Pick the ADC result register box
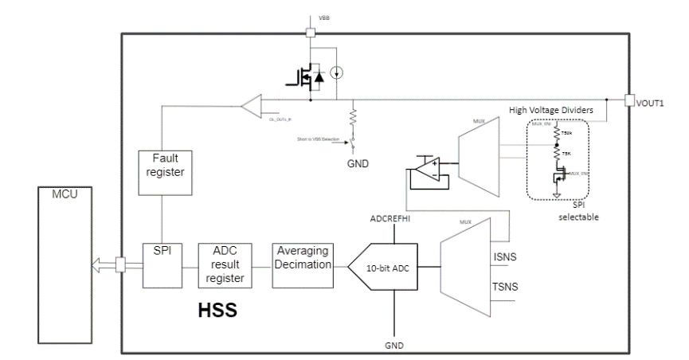[x=223, y=264]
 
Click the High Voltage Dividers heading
[x=550, y=109]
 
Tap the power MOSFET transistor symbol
[x=301, y=77]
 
